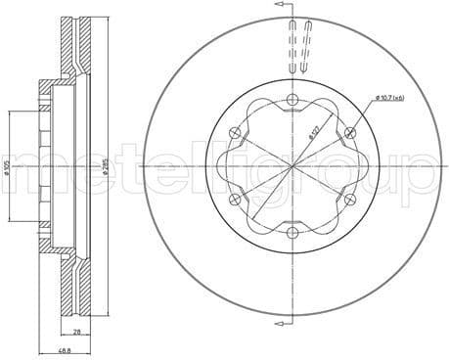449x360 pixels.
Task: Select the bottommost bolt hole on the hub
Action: pos(293,232)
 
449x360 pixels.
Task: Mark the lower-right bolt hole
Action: pos(351,199)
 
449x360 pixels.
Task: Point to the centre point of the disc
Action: pos(293,166)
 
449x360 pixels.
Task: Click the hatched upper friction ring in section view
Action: pos(70,44)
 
